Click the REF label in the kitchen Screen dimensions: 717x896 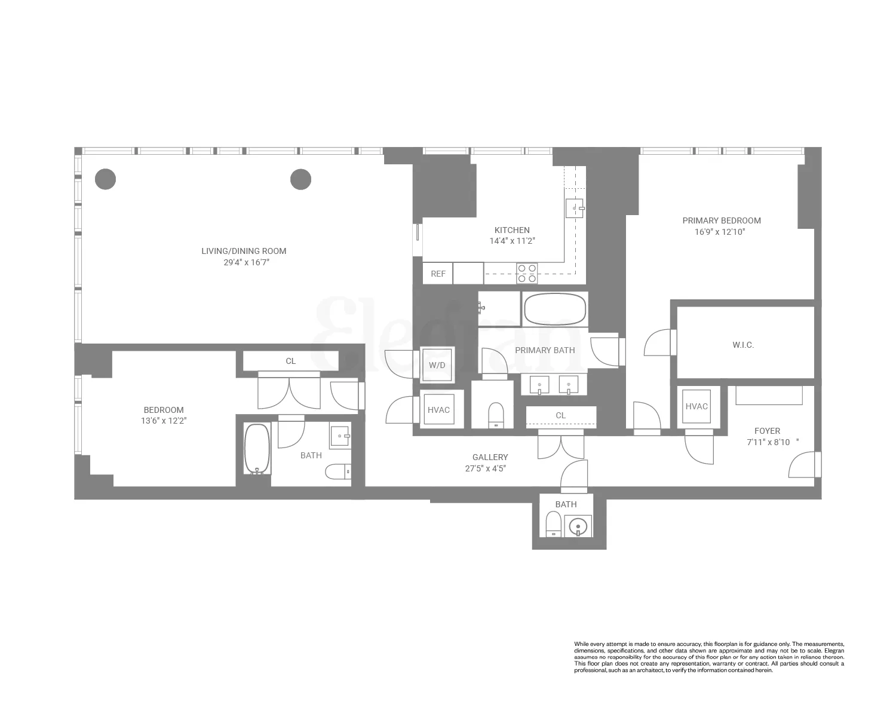(x=438, y=274)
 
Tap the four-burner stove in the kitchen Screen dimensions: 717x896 (x=527, y=273)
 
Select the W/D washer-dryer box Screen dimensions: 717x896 (x=437, y=364)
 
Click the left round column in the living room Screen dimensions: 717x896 (x=106, y=179)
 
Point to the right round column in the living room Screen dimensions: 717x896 (x=300, y=179)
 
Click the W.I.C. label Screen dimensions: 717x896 (x=743, y=345)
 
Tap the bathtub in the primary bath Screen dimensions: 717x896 (x=555, y=309)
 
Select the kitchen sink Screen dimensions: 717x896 (x=575, y=208)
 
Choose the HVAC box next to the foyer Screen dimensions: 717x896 (x=696, y=406)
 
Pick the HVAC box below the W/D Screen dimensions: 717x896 (x=438, y=410)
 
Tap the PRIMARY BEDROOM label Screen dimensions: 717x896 (x=722, y=220)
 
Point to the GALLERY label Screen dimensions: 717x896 (x=490, y=457)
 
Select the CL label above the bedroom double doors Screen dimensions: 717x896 (x=290, y=361)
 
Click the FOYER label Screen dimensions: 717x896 (x=767, y=431)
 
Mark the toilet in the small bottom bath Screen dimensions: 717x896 (x=553, y=525)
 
